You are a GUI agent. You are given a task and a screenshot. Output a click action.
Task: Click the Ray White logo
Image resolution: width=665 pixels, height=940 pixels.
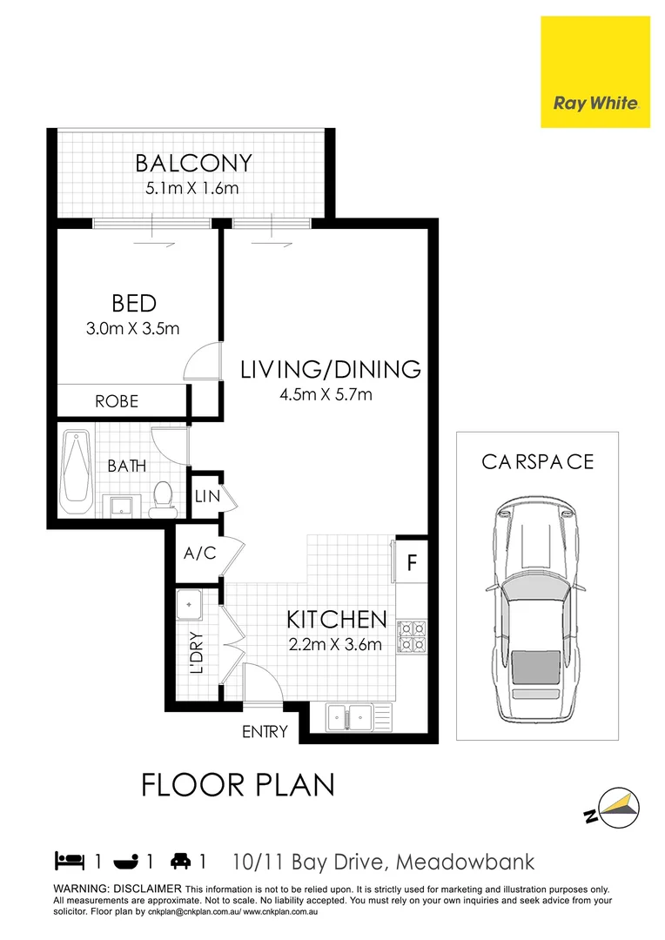595,72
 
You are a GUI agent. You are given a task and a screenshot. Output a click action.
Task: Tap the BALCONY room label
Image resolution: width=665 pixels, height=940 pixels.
193,164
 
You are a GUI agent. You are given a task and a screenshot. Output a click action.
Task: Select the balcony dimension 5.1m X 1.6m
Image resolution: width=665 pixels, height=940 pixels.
193,188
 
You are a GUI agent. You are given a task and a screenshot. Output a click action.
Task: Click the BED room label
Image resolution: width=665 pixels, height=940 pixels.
134,304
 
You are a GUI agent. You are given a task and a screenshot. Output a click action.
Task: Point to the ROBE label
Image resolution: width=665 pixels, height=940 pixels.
117,401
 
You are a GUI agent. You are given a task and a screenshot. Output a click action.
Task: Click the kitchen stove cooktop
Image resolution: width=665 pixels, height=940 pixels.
412,637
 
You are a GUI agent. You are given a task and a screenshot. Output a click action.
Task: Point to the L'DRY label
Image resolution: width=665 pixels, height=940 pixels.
197,653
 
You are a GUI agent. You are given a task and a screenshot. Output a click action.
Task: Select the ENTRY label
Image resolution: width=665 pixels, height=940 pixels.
265,732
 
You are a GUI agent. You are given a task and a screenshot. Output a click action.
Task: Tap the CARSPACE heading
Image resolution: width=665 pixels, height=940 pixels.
537,461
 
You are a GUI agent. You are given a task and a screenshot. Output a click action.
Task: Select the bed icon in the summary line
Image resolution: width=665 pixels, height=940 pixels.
70,862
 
